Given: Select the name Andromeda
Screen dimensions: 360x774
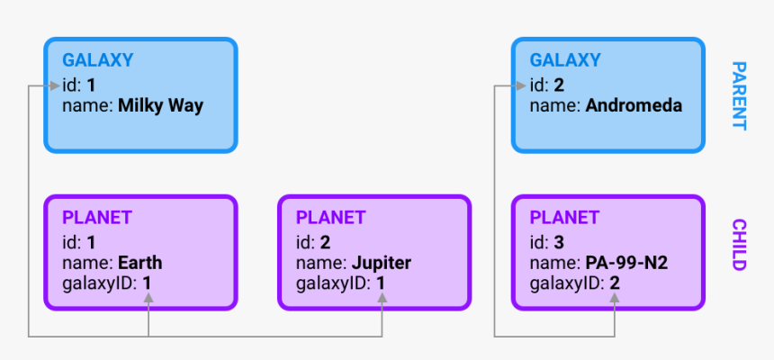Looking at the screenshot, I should coord(634,106).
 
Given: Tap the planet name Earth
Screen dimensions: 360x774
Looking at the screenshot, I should coord(139,263).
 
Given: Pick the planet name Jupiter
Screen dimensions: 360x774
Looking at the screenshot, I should coord(381,263).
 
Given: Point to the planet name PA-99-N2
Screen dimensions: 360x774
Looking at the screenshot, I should coord(626,263).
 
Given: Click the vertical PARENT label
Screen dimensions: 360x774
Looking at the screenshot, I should coord(738,95).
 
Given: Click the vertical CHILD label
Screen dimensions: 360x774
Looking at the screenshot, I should coord(738,245).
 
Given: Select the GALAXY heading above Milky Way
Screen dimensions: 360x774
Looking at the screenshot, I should coord(97,61).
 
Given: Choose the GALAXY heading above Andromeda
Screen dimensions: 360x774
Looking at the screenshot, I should coord(565,61).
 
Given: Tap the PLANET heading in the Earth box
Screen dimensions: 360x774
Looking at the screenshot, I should coord(96,218).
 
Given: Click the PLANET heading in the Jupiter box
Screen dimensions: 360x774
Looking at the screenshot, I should coord(330,218).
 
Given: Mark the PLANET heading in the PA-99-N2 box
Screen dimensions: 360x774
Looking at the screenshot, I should coord(564,218).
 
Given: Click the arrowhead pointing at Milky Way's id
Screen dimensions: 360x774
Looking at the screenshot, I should coord(55,86).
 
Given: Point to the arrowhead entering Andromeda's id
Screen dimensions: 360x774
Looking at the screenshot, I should coord(522,86).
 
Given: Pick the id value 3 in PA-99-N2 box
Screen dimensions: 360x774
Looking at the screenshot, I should coord(559,241).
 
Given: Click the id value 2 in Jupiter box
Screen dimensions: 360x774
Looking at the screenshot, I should coord(325,241).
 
